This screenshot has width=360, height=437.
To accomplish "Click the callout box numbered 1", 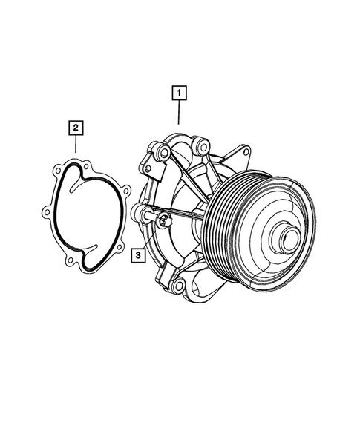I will pos(178,94).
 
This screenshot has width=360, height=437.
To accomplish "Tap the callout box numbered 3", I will pos(138,256).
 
